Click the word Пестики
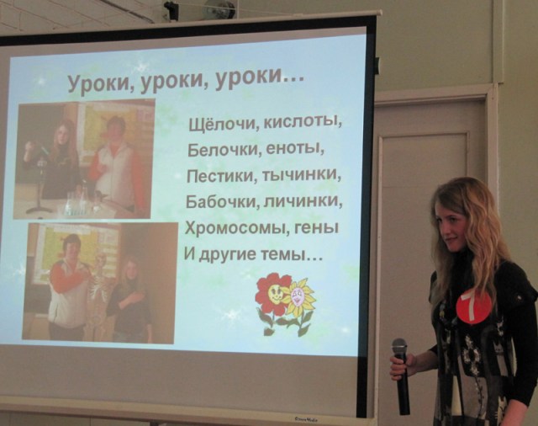223,176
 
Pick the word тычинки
303,175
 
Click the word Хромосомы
235,228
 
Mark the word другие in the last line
227,255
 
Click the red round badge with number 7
472,306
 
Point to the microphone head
399,347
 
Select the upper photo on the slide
84,159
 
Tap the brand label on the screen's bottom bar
306,419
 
